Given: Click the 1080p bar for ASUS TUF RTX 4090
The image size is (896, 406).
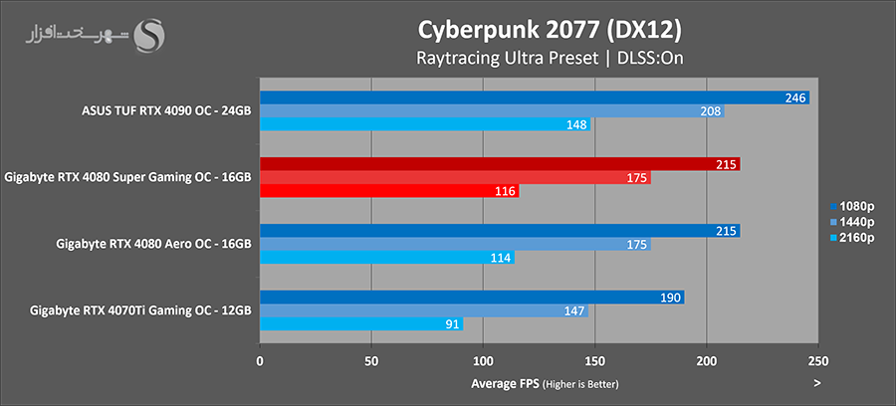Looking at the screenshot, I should coord(534,98).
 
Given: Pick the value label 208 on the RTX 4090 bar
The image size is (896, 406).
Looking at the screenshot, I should coord(712,111).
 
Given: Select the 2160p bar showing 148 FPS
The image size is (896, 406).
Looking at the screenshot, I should coord(425,124).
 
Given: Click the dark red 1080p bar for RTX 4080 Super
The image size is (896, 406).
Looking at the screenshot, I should coord(500,164).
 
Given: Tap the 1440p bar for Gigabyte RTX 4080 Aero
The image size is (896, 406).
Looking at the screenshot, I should coord(455,245).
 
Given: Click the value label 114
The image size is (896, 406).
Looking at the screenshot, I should coord(501,258).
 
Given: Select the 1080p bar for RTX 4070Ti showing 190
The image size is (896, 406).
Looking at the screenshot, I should coord(472,298).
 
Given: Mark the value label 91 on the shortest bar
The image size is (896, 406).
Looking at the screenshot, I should coord(452,324).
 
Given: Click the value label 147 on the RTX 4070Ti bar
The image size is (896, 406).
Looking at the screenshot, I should coord(574,310).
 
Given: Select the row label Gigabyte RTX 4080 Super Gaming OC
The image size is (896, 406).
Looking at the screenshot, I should coord(127,177).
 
